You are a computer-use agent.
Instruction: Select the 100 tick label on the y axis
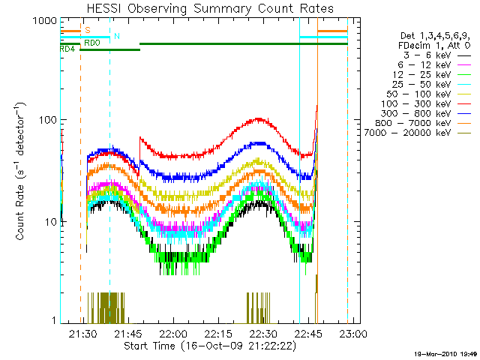(x=48, y=120)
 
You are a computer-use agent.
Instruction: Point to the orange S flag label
(x=88, y=31)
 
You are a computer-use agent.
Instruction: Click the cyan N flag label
(x=116, y=36)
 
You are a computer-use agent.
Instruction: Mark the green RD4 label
(x=67, y=49)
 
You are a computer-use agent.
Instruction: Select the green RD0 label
(x=90, y=43)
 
